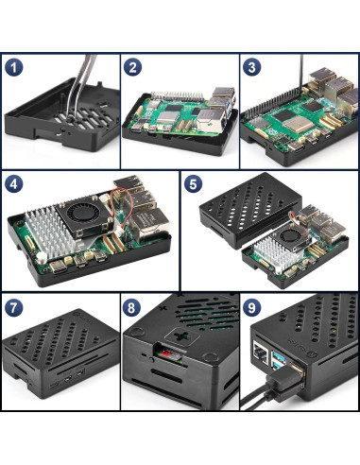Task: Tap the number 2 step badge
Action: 133,68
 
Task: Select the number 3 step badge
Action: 252,68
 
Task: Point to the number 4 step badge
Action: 14,184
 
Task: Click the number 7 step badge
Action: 14,307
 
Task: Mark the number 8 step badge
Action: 133,307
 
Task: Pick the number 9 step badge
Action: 252,307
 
